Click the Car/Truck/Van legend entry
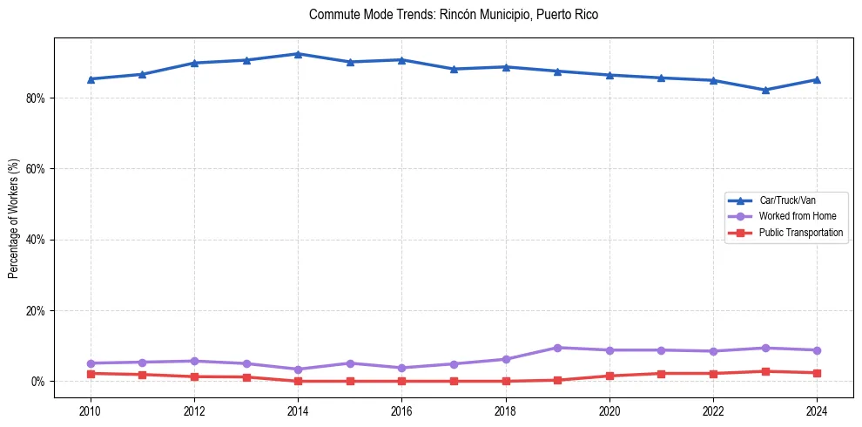[787, 200]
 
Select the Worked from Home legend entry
[797, 216]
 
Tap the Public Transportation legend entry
[800, 233]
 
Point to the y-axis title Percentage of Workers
[13, 219]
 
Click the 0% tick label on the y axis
[37, 382]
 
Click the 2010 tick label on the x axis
[90, 410]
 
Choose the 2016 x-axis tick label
[401, 410]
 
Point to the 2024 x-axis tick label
[817, 410]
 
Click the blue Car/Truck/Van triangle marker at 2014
[298, 54]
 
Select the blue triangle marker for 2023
[764, 90]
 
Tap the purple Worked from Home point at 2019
[557, 348]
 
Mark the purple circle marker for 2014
[298, 369]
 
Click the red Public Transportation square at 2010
[90, 374]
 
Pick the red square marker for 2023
[764, 371]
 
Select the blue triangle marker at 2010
[90, 79]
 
